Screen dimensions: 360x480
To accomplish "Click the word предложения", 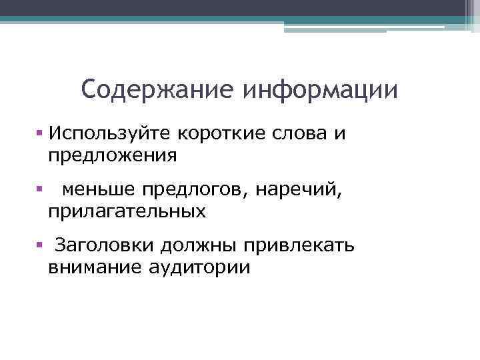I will coord(112,156).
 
